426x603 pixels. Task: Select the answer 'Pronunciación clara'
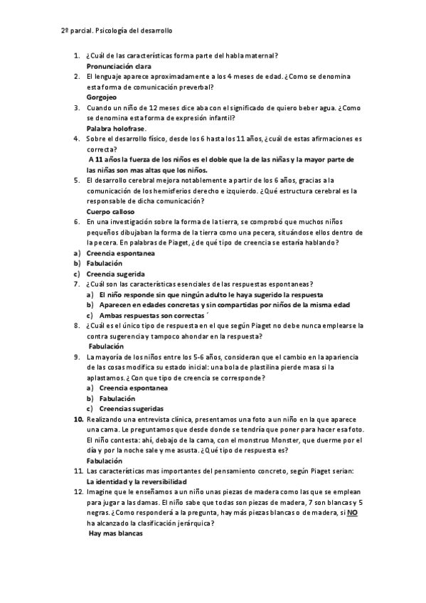[x=117, y=65]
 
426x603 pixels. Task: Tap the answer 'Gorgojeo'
[x=101, y=97]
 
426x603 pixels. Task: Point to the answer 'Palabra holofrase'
[x=116, y=128]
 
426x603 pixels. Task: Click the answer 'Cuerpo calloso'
[x=110, y=211]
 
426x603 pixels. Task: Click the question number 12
[x=78, y=492]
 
